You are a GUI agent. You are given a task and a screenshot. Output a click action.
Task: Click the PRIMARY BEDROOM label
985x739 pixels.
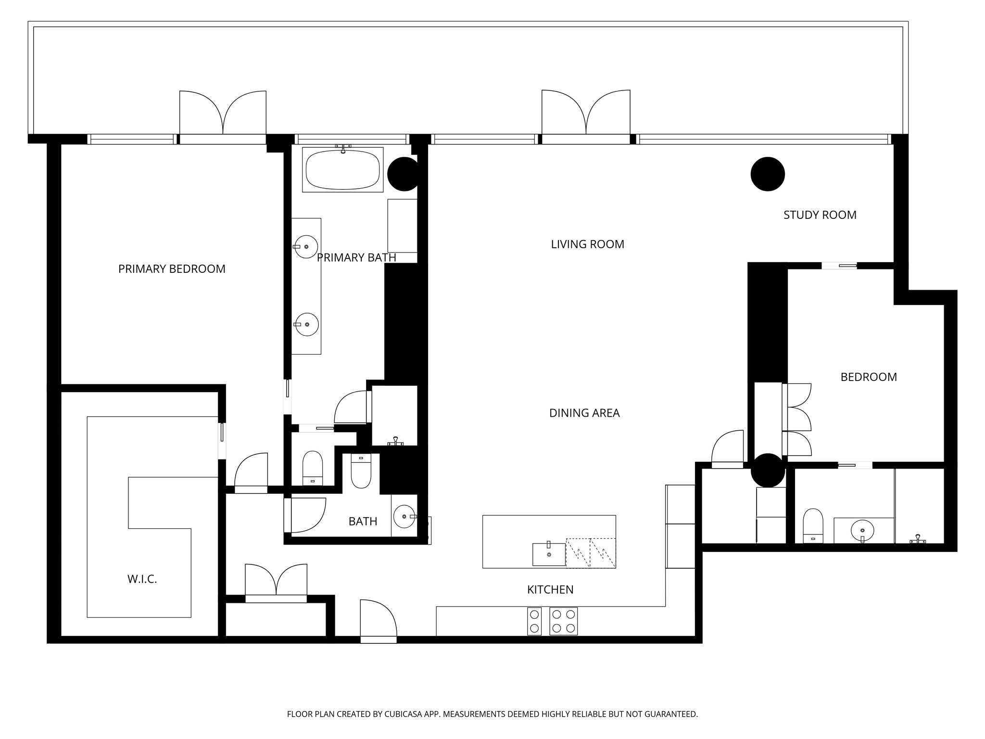172,269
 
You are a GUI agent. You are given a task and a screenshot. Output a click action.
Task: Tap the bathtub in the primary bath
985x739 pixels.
342,170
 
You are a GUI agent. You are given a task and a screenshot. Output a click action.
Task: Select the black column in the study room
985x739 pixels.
768,174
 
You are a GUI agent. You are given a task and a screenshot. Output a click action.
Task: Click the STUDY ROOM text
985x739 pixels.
820,215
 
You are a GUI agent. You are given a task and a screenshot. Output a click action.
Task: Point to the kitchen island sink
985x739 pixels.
549,554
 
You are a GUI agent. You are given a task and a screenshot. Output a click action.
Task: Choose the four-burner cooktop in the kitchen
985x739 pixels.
563,621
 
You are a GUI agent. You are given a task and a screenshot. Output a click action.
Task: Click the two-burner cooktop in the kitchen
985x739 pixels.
534,621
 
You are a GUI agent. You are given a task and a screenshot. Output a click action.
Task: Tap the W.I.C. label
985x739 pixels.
142,579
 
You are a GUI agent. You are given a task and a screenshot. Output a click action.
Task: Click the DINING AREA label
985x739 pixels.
584,413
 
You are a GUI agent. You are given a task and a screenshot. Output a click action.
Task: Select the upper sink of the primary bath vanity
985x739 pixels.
306,247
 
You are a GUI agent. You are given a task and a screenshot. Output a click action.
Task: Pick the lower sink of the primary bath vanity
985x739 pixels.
306,324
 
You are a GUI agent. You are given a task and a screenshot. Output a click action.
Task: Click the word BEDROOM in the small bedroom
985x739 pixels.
868,377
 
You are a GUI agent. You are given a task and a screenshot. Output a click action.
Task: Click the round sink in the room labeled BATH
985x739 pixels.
404,517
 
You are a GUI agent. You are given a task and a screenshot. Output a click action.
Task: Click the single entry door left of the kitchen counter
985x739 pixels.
378,621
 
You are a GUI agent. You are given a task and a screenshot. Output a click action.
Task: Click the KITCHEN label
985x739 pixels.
550,590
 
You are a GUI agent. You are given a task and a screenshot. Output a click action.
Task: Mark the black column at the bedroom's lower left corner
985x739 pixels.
768,470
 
